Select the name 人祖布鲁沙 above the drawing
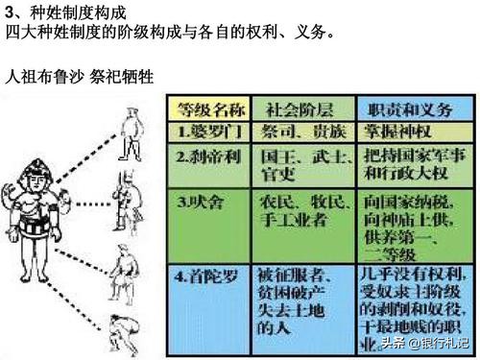pyautogui.click(x=42, y=76)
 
